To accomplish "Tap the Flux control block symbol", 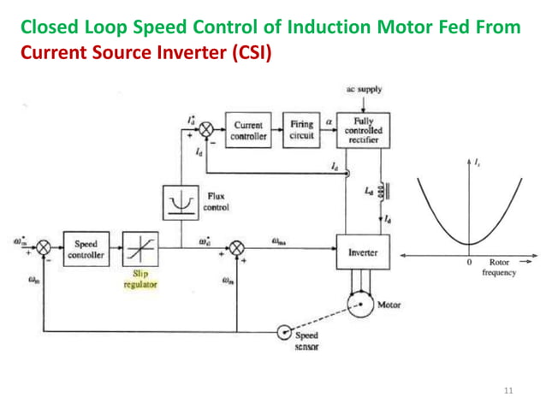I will [x=180, y=202].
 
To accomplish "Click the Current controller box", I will [x=248, y=130].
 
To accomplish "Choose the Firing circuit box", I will [x=300, y=130].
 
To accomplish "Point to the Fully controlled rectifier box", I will [x=363, y=130].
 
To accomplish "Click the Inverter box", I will [x=363, y=253].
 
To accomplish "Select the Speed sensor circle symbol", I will [x=284, y=331].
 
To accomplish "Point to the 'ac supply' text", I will [x=363, y=90].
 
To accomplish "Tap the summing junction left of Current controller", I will [x=205, y=130].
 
